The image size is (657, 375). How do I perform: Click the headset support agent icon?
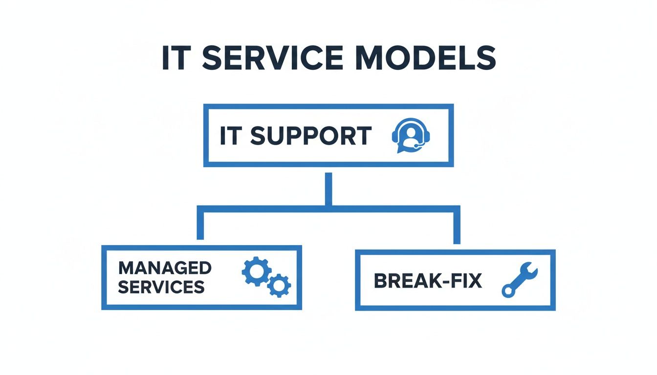(412, 135)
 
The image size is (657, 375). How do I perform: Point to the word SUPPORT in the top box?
(310, 136)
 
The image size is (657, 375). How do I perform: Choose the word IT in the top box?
(230, 136)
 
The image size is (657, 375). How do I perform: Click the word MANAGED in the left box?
(165, 268)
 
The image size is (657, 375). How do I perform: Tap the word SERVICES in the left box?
(161, 287)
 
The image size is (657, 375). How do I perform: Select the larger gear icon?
(255, 271)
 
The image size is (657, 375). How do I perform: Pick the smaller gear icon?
(279, 285)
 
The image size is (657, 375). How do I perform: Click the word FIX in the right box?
(464, 281)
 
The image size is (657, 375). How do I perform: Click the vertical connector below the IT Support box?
(328, 188)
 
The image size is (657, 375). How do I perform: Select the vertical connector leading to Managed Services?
(200, 225)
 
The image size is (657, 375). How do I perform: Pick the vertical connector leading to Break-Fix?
(457, 226)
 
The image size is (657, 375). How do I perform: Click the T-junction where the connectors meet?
(328, 208)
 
